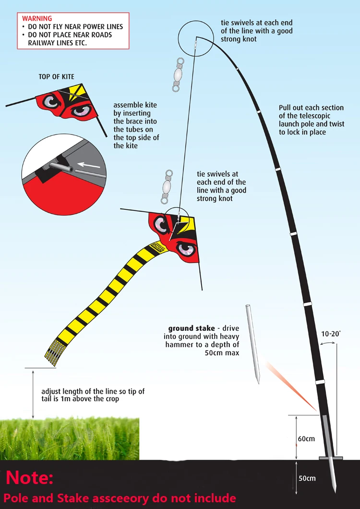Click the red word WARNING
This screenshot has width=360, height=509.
click(37, 19)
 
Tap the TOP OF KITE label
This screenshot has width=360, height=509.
click(57, 77)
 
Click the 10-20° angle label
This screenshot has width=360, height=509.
click(331, 333)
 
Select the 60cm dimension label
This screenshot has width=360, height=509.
click(306, 439)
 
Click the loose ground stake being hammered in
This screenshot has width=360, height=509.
click(253, 343)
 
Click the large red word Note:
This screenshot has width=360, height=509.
click(30, 478)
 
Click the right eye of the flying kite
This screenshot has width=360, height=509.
click(186, 249)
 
